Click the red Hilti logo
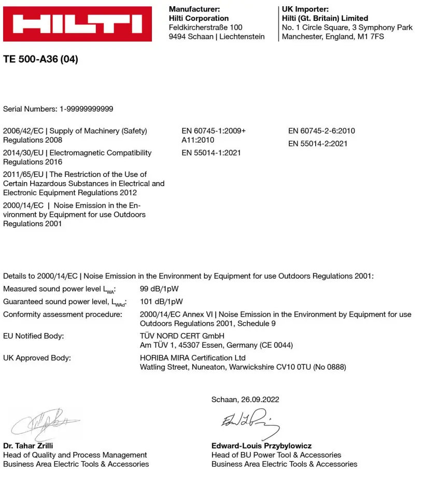[x=77, y=24]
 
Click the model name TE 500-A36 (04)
[x=40, y=59]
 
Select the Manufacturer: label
[x=194, y=9]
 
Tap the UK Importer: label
[x=305, y=9]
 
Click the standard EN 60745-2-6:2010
[x=321, y=131]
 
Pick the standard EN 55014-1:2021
[x=211, y=153]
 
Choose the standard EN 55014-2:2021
[x=318, y=143]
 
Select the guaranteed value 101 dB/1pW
[x=161, y=301]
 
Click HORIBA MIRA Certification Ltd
[x=193, y=358]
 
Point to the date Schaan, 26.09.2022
[x=245, y=400]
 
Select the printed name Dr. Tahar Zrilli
[x=28, y=446]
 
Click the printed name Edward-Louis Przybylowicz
[x=261, y=446]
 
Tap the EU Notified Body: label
[x=34, y=336]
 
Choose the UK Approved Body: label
[x=37, y=358]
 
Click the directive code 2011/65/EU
[x=23, y=174]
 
